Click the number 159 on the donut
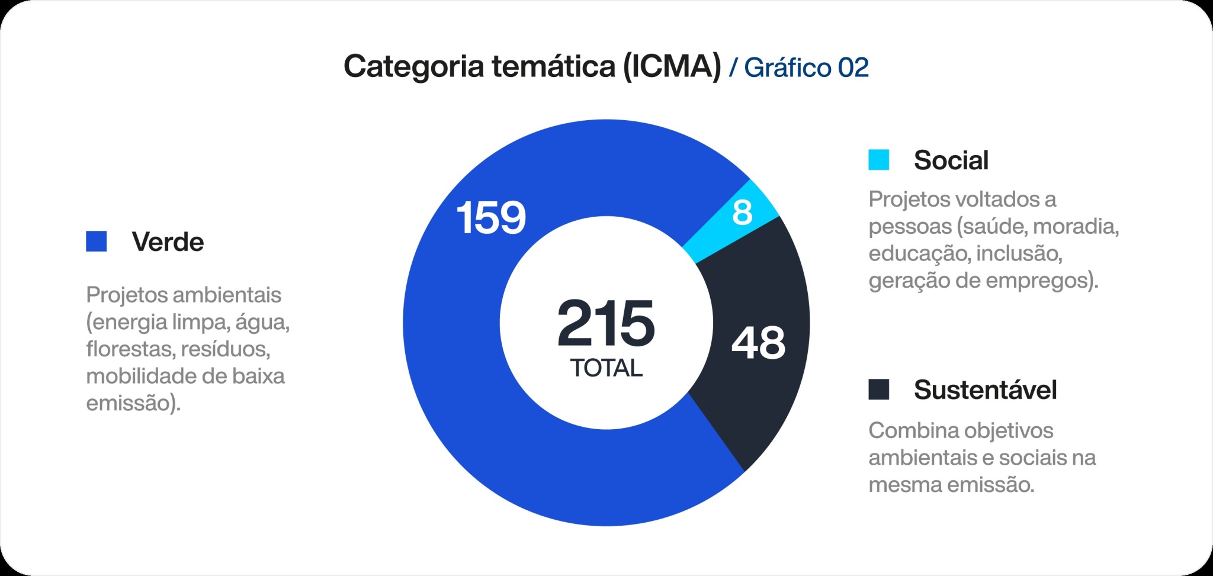(x=491, y=218)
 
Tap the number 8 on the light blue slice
(x=742, y=213)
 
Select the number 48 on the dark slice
(x=758, y=343)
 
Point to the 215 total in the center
(x=606, y=324)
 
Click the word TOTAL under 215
(x=606, y=368)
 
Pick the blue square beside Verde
(x=96, y=242)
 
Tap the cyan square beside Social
(x=878, y=160)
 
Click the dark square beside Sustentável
(x=878, y=390)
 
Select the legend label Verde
(x=168, y=242)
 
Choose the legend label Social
(x=951, y=160)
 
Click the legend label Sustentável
(x=985, y=390)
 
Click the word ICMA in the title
(x=672, y=66)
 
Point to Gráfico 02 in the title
(x=806, y=67)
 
